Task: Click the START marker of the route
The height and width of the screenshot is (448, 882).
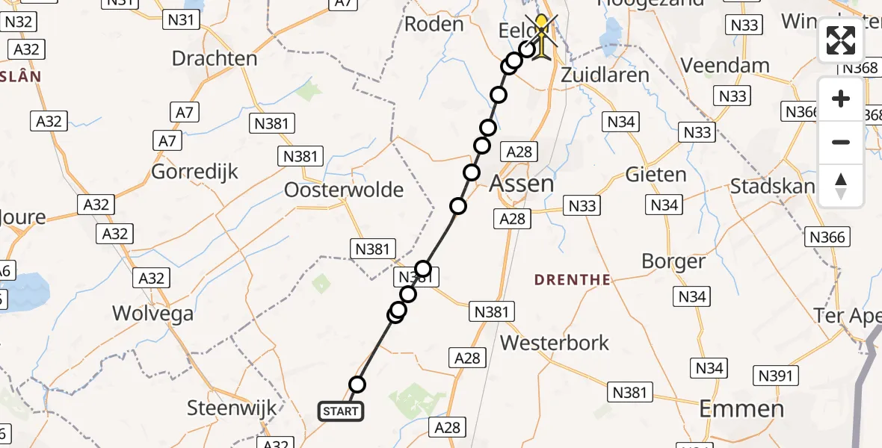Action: pos(342,411)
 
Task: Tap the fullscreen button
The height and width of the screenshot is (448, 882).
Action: pos(841,40)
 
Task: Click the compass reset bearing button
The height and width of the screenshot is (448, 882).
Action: pos(841,185)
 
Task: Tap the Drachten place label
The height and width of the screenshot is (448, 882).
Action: pos(214,58)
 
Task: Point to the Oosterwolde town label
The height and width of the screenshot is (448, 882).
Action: pos(344,190)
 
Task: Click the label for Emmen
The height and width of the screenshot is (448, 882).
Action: pos(741,408)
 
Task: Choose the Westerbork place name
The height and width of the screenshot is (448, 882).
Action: pos(555,343)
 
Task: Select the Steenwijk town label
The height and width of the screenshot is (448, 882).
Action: pos(232,408)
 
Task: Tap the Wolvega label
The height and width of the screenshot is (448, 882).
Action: pos(152,313)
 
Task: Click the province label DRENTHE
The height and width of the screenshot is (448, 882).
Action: pos(573,280)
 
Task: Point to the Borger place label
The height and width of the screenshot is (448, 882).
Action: pos(673,261)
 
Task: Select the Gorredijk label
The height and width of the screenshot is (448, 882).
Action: pos(194,171)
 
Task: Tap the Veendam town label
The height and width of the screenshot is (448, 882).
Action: pos(726,65)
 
